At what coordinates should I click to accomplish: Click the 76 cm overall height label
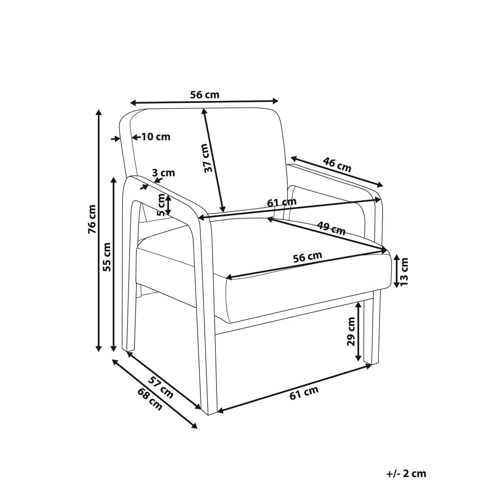coord(92,219)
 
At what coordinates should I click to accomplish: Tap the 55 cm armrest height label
coord(107,257)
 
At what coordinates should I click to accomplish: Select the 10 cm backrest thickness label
coord(156,137)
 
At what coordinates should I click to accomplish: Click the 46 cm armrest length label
coord(337,164)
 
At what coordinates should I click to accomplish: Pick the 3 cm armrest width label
coord(164,173)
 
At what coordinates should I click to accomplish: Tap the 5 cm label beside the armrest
coord(160,205)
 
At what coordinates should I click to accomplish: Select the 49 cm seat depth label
coord(331,228)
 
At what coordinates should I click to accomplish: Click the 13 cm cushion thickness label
coord(404,271)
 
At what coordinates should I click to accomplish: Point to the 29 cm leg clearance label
coord(351,331)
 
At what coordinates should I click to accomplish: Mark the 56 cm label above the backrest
coord(205,95)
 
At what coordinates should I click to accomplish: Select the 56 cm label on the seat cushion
coord(307,257)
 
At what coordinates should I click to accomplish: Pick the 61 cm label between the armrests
coord(282,202)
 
